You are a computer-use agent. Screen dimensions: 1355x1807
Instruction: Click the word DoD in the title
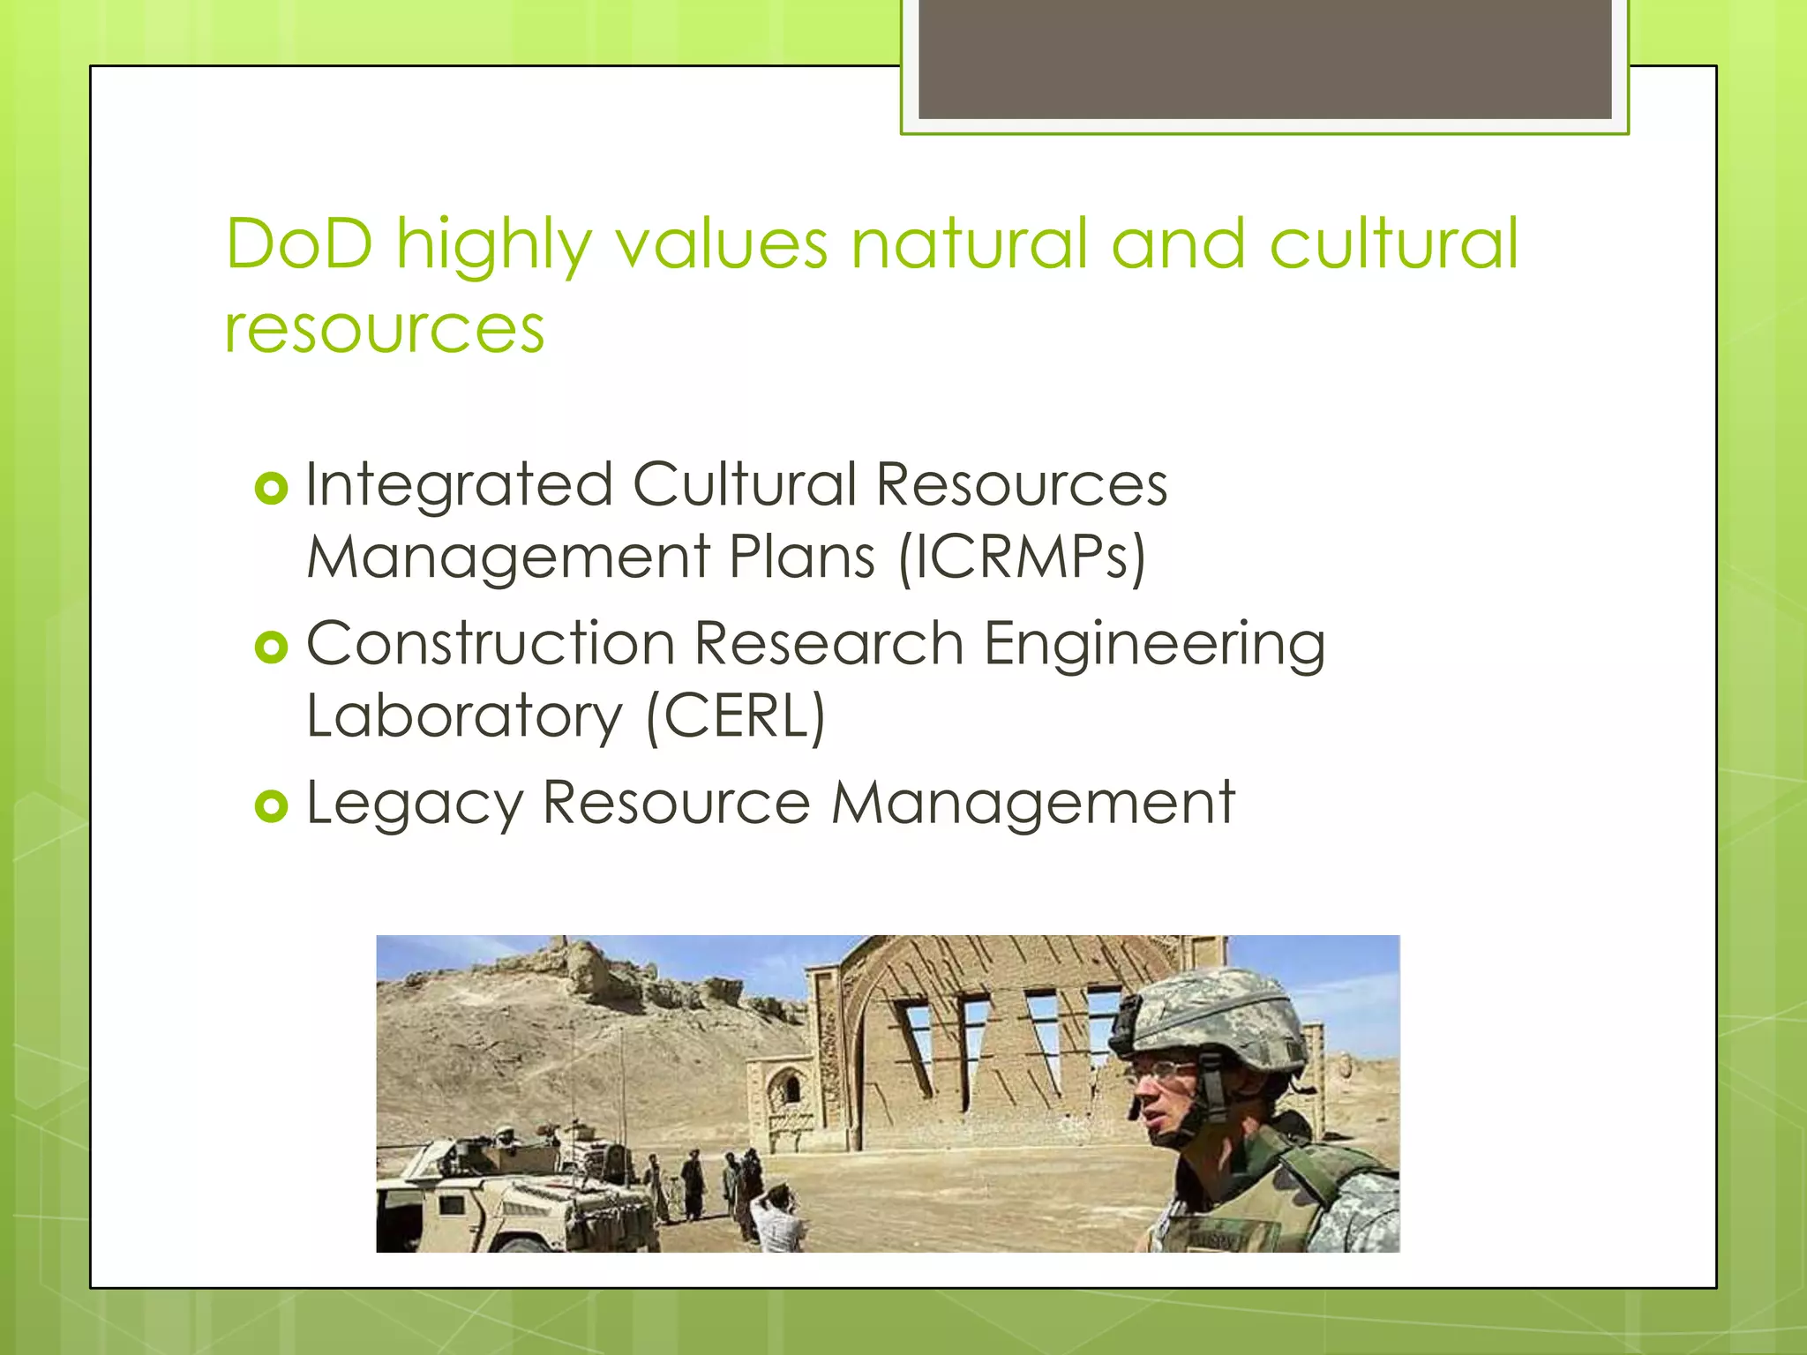[299, 243]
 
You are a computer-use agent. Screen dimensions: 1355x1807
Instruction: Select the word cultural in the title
[1394, 243]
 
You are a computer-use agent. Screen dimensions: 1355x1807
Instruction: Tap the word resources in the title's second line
[385, 329]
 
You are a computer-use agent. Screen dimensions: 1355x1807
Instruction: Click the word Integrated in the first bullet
[459, 485]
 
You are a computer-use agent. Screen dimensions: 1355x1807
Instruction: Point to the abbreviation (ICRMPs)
[1022, 558]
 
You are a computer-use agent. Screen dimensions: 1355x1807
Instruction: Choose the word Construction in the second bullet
[491, 643]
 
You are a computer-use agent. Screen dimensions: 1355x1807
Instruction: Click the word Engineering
[1154, 645]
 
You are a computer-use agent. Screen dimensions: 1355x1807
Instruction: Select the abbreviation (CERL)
[736, 715]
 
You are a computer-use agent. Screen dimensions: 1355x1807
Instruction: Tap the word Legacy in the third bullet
[415, 804]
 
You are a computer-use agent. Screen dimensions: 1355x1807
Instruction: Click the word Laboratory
[465, 715]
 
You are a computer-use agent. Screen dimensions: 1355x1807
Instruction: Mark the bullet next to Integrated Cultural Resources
[272, 489]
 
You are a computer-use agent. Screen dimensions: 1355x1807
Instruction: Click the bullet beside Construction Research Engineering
[272, 648]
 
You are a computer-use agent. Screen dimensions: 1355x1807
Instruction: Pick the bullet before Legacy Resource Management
[272, 806]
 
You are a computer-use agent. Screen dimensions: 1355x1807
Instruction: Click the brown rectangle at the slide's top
[1264, 59]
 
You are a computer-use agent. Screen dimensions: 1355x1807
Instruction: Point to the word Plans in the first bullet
[802, 558]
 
